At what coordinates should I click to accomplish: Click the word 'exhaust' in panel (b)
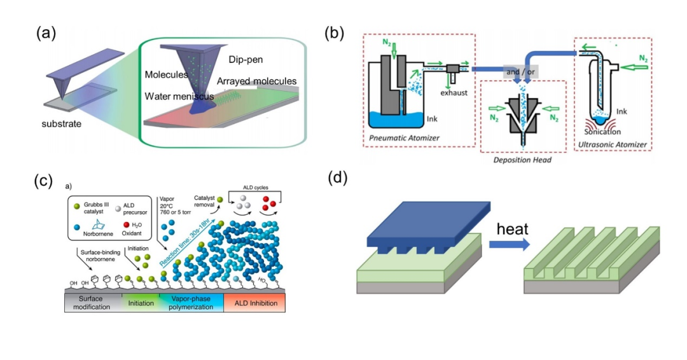click(457, 93)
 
